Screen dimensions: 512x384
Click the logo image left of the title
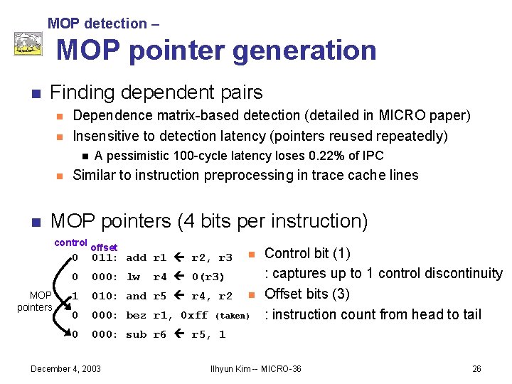(x=28, y=44)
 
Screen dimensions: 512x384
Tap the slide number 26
(x=477, y=368)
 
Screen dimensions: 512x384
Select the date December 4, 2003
(x=65, y=368)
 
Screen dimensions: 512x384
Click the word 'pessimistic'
(x=142, y=156)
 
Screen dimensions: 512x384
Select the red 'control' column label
(x=70, y=242)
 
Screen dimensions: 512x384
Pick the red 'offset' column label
(x=103, y=247)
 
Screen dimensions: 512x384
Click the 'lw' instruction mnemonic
(x=133, y=277)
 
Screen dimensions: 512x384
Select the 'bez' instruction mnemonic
(x=135, y=316)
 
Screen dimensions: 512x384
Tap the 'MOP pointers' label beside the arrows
(x=36, y=302)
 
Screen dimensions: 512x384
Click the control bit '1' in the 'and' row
(x=75, y=297)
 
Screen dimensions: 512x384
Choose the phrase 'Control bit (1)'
(x=307, y=254)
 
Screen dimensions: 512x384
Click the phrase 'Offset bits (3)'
(x=307, y=294)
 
